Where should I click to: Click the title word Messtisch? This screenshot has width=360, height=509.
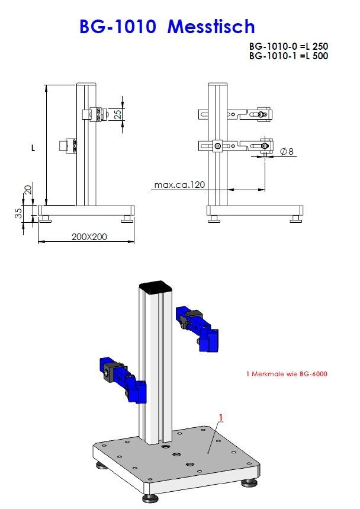[211, 27]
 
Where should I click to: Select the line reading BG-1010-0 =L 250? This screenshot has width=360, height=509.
[288, 46]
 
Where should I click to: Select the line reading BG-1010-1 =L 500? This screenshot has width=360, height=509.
[288, 56]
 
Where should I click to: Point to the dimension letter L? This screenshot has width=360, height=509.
[33, 149]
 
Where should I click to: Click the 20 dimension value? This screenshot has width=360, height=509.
[27, 190]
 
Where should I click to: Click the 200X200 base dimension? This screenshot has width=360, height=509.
[89, 236]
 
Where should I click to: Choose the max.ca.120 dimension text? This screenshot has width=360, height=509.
[179, 185]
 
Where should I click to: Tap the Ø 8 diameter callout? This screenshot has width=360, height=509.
[287, 152]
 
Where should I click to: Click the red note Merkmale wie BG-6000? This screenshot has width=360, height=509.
[286, 374]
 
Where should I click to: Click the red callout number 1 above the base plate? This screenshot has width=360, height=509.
[220, 418]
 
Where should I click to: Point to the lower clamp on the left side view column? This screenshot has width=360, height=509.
[70, 145]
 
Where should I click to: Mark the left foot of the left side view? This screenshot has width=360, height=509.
[44, 220]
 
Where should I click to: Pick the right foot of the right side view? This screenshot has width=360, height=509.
[296, 220]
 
